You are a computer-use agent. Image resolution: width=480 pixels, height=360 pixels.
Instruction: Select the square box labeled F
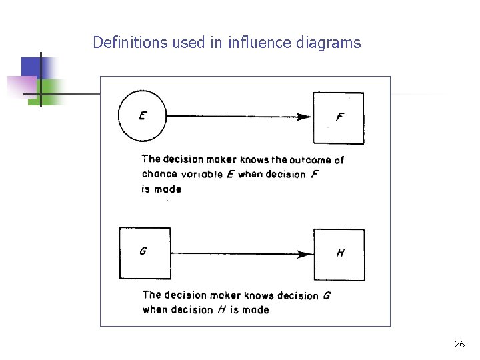339,118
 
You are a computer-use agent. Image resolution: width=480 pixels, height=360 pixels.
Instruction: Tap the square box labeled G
145,253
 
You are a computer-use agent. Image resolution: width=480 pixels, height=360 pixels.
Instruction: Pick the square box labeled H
339,254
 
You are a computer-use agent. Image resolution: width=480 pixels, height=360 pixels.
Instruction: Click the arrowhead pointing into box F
305,117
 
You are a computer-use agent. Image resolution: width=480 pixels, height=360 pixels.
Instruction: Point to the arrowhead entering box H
305,254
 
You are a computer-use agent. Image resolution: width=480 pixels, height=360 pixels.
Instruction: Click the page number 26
459,344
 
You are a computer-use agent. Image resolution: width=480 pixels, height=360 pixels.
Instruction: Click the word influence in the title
260,43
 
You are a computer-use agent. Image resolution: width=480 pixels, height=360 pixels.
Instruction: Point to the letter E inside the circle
143,115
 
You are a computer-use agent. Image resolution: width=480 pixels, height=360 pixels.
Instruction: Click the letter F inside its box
340,117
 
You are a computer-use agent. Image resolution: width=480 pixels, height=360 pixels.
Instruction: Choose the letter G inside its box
143,251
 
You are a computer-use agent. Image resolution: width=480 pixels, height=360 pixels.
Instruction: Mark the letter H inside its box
341,253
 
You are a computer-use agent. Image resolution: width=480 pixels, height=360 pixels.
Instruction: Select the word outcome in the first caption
311,159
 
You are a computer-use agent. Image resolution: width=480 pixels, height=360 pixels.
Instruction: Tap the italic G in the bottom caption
326,295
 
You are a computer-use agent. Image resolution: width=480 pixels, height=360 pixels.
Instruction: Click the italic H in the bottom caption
222,309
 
